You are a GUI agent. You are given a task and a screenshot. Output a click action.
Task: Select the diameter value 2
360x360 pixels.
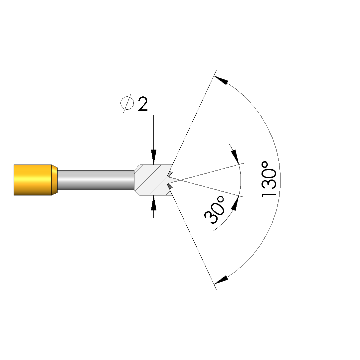(x=143, y=104)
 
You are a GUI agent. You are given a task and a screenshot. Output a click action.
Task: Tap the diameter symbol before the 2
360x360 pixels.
(x=127, y=103)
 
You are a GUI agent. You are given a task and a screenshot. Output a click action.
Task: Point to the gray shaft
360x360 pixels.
(x=96, y=180)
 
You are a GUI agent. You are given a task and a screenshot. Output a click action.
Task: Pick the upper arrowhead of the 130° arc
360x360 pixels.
(x=221, y=80)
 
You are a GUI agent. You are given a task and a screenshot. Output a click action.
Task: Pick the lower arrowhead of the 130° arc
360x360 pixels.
(x=221, y=280)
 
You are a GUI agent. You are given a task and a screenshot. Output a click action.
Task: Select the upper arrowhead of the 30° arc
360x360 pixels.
(x=235, y=157)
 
